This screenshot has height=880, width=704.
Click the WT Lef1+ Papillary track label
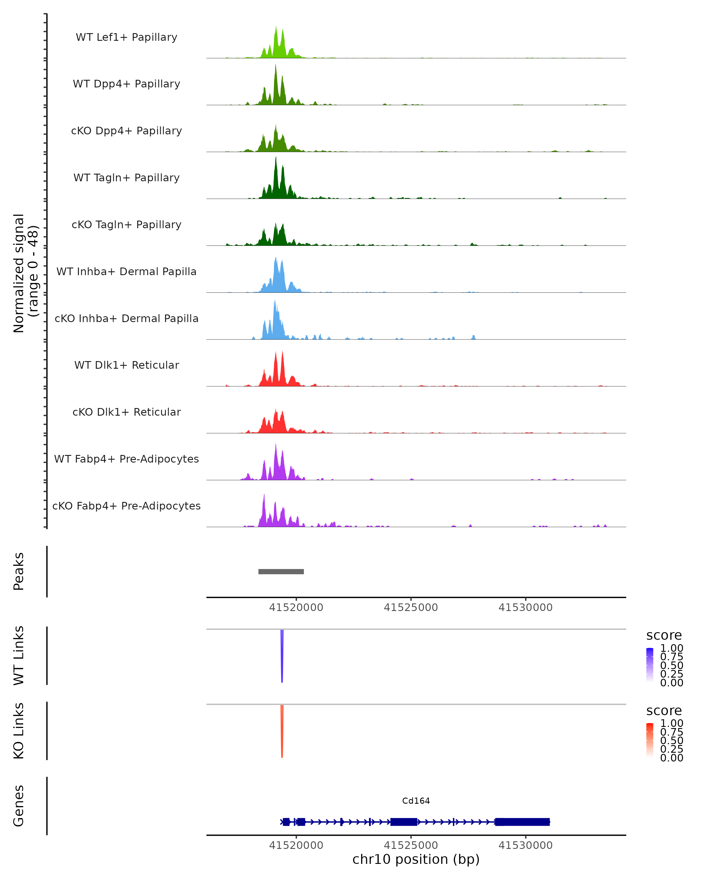click(126, 37)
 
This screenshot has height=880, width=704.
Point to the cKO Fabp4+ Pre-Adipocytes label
click(126, 506)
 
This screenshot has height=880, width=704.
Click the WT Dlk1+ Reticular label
click(126, 365)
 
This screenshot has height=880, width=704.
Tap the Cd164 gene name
click(416, 801)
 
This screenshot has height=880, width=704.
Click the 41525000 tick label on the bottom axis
click(411, 845)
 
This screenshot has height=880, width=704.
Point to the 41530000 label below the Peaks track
click(525, 607)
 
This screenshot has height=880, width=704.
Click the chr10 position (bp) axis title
click(416, 859)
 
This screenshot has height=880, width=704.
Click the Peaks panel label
click(19, 571)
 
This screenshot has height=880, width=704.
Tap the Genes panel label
click(19, 806)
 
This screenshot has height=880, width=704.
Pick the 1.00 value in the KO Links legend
click(671, 723)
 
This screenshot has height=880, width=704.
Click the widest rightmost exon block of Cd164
click(522, 822)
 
